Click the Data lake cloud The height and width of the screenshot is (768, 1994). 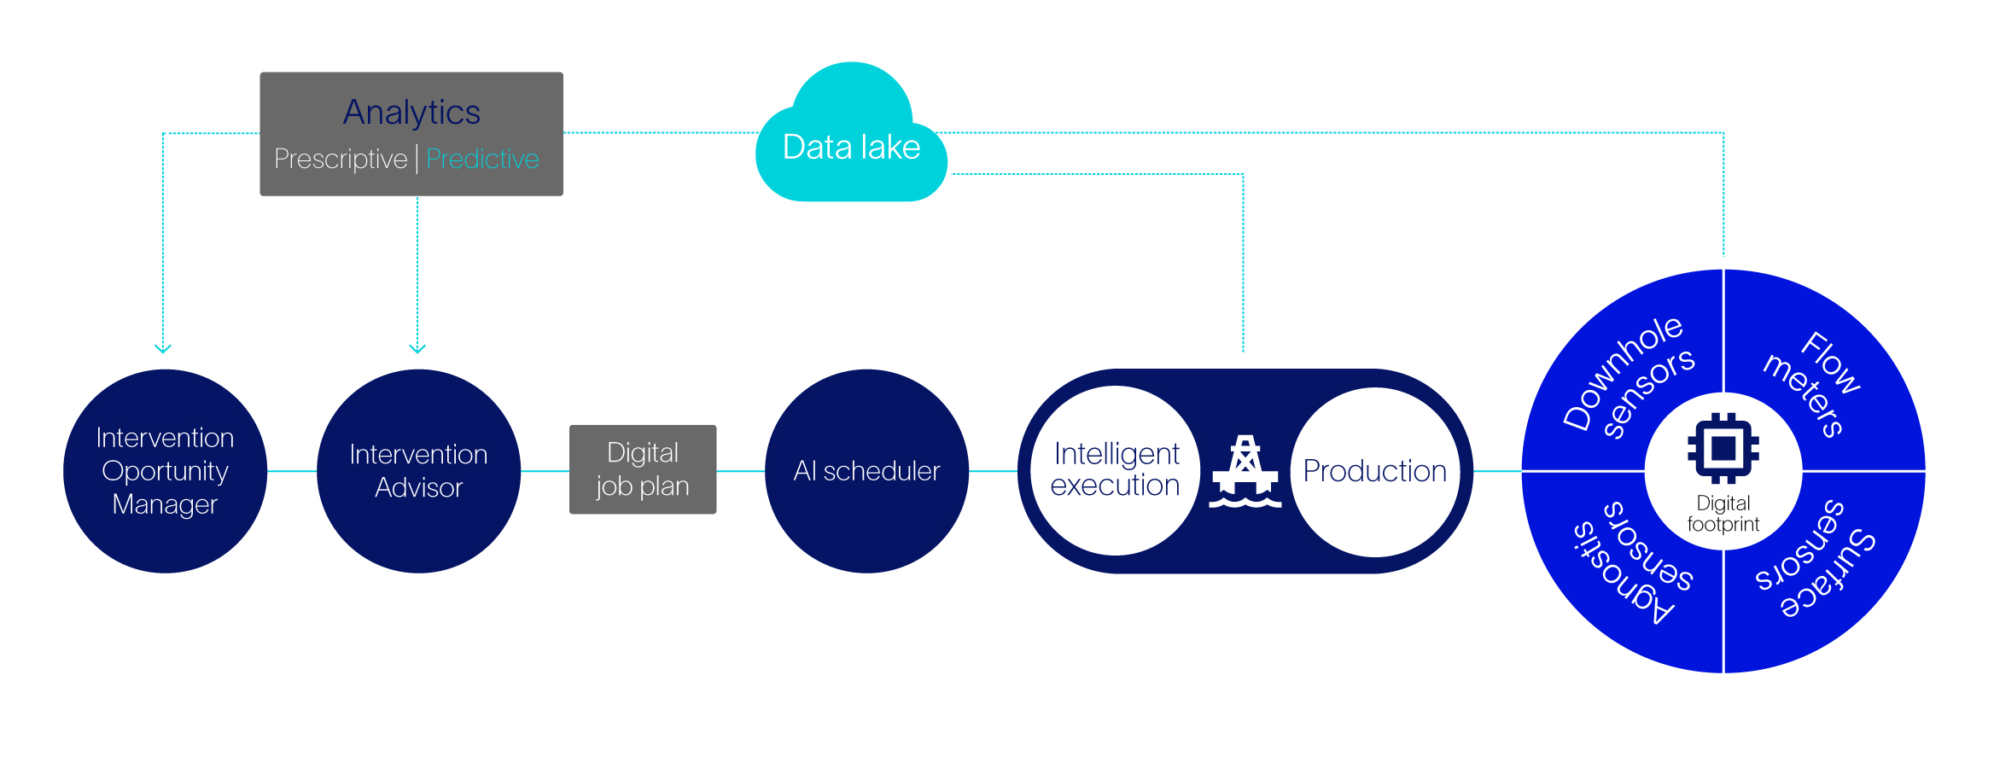click(x=851, y=141)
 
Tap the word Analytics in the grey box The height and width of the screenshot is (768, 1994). click(x=411, y=113)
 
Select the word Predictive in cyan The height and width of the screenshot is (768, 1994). click(x=482, y=159)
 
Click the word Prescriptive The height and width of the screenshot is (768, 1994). click(x=341, y=159)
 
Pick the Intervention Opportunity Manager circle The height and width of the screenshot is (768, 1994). click(x=165, y=471)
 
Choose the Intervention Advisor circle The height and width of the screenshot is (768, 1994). click(x=418, y=471)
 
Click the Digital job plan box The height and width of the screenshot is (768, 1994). click(x=643, y=469)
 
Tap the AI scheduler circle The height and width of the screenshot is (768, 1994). click(x=866, y=471)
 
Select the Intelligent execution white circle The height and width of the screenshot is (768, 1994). click(x=1115, y=470)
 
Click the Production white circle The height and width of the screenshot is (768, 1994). click(x=1374, y=471)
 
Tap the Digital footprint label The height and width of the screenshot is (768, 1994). click(x=1723, y=514)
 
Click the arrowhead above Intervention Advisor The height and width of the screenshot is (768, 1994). click(x=417, y=348)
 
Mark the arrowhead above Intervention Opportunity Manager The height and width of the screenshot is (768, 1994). click(x=163, y=348)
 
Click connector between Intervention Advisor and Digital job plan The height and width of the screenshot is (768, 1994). click(x=545, y=471)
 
